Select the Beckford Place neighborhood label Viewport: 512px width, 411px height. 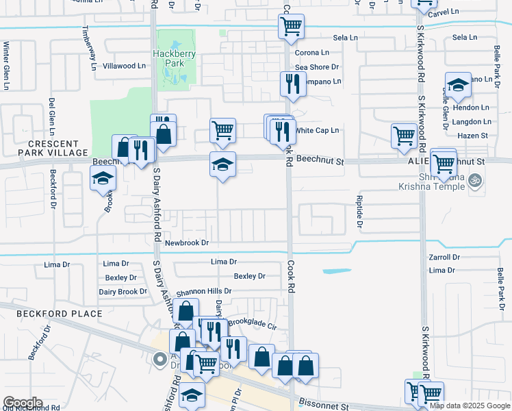(60, 314)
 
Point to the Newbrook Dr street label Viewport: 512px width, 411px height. (186, 242)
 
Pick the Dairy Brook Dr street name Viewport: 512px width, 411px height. (123, 291)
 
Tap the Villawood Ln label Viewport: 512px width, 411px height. (124, 66)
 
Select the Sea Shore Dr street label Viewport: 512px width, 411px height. (317, 67)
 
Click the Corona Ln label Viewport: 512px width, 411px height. (311, 52)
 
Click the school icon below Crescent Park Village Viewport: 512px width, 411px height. (103, 179)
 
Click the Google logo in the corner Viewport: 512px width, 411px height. (23, 403)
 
